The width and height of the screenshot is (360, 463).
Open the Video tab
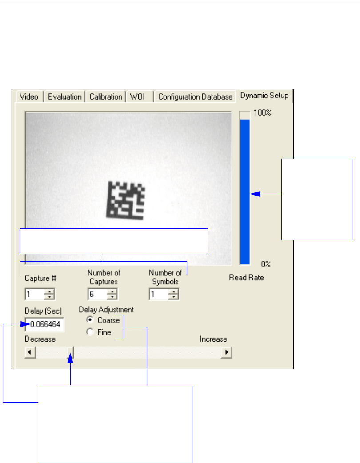[x=29, y=96]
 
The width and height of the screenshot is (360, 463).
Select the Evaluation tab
[x=64, y=96]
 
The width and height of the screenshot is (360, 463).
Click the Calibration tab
[x=106, y=96]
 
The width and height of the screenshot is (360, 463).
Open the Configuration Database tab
[x=195, y=96]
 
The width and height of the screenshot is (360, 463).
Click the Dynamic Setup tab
[x=264, y=96]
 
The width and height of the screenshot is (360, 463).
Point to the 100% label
[x=262, y=113]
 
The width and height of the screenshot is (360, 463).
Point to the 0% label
[x=266, y=264]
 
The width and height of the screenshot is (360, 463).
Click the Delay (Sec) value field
[x=45, y=325]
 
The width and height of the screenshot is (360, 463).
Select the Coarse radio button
[x=90, y=320]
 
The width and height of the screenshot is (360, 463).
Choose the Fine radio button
[x=90, y=332]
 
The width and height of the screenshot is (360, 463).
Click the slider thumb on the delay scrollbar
[x=71, y=352]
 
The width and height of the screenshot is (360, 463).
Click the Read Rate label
[x=246, y=278]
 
